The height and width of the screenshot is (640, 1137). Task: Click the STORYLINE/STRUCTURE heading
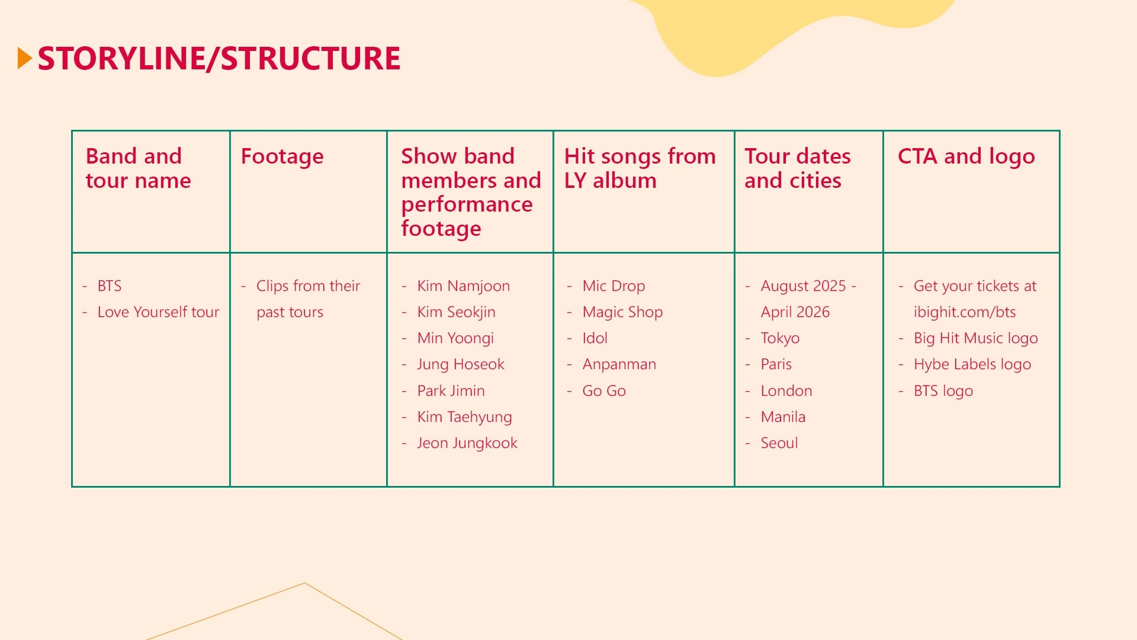point(219,59)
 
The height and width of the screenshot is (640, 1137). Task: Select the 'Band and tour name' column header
point(139,168)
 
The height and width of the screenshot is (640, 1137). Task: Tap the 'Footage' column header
point(282,157)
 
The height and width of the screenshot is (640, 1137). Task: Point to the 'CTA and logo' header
point(966,157)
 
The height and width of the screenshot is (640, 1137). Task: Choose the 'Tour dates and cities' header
point(798,168)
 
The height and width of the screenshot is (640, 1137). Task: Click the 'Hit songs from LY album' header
point(640,168)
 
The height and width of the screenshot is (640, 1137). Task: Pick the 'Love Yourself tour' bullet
point(158,312)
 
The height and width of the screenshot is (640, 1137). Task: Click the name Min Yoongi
point(455,338)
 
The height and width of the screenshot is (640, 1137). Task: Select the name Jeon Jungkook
point(467,443)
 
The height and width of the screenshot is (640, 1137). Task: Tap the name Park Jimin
point(451,391)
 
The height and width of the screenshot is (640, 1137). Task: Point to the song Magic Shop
point(622,312)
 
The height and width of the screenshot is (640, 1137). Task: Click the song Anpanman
point(619,364)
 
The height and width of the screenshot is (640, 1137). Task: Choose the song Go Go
point(604,391)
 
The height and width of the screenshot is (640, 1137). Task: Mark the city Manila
point(783,417)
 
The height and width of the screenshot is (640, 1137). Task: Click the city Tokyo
point(780,338)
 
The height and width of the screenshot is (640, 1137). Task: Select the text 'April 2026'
point(795,312)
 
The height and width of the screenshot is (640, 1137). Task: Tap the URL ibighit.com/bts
point(965,312)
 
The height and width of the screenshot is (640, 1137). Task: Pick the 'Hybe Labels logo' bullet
point(972,364)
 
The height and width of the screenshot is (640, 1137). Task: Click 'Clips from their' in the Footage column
point(308,286)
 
